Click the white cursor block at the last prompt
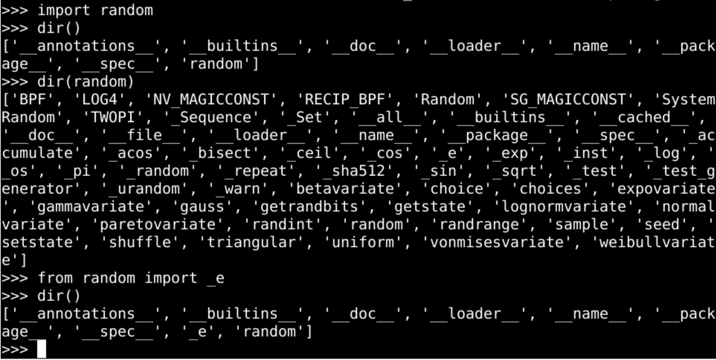click(x=41, y=349)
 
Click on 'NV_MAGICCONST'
click(x=211, y=99)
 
